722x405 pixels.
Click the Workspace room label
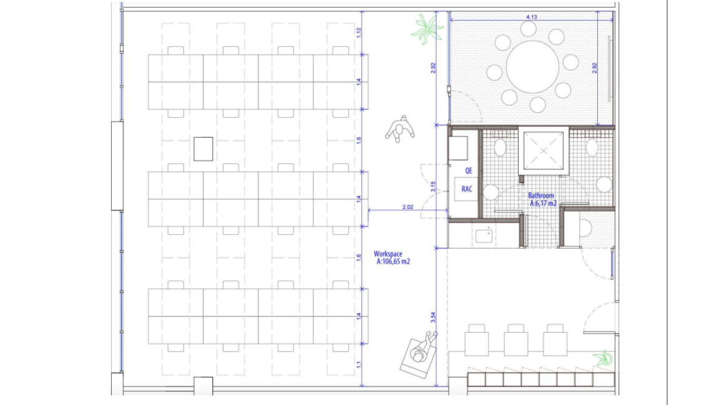[388, 254]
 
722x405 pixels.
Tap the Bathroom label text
[541, 196]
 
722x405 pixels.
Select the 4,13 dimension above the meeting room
[532, 17]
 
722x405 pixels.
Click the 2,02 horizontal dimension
[407, 207]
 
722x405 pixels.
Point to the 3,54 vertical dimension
[433, 317]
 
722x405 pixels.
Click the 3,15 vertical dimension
[433, 186]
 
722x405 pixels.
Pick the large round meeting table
[533, 67]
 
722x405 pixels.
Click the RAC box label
[466, 189]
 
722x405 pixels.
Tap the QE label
[468, 171]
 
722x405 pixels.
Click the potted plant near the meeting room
[427, 29]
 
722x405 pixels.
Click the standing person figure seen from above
[400, 129]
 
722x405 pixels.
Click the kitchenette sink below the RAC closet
[484, 236]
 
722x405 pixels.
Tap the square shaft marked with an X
[544, 150]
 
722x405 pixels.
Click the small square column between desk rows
[203, 149]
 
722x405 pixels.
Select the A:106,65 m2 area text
[393, 262]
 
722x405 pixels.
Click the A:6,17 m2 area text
[544, 203]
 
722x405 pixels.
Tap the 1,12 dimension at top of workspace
[359, 32]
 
